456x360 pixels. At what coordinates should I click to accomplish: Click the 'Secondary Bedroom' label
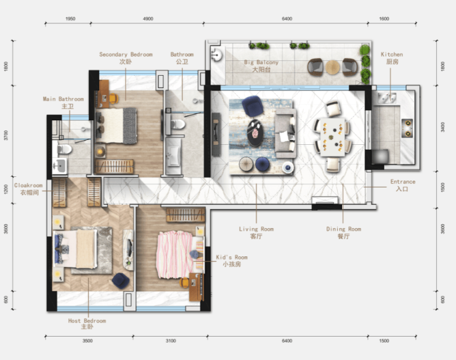(x=126, y=54)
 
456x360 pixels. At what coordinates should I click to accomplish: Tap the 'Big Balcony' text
(x=261, y=62)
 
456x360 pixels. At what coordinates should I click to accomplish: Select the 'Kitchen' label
(x=392, y=54)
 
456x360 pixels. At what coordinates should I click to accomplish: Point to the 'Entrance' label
(x=403, y=182)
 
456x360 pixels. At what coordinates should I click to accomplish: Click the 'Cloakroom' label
(x=28, y=186)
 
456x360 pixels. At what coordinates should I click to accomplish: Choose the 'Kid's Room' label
(x=232, y=257)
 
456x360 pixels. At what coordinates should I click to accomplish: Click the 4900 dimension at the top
(x=148, y=18)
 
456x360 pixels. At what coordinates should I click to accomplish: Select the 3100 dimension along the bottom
(x=171, y=341)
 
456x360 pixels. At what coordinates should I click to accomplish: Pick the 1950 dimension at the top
(x=70, y=18)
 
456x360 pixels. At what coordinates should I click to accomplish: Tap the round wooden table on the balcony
(x=333, y=67)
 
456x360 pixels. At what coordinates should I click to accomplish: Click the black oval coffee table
(x=256, y=132)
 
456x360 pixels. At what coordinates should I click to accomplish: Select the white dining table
(x=333, y=136)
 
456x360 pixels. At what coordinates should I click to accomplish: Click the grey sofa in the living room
(x=285, y=133)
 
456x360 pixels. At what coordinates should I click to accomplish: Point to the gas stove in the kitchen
(x=407, y=128)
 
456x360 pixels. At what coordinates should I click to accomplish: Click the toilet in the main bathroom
(x=65, y=150)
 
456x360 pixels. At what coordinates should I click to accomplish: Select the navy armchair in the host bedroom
(x=121, y=280)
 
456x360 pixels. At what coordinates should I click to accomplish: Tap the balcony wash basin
(x=216, y=54)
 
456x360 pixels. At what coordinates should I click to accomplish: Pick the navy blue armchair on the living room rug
(x=253, y=106)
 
